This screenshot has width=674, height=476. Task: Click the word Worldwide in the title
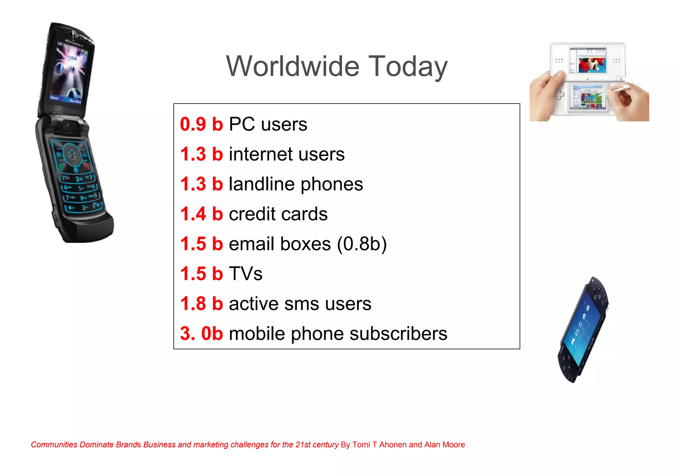(x=293, y=66)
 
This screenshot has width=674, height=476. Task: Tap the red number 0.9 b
(x=201, y=124)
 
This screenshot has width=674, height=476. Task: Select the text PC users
(x=268, y=124)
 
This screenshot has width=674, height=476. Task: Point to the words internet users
(x=287, y=154)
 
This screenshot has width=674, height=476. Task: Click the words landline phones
(x=296, y=184)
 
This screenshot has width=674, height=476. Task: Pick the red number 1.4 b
(x=201, y=214)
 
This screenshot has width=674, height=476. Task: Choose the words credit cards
(x=278, y=214)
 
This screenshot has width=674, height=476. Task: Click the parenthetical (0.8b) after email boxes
(x=362, y=244)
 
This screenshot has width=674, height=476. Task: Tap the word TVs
(x=246, y=274)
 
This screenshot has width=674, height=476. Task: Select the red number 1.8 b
(x=201, y=303)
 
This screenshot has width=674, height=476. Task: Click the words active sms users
(x=300, y=303)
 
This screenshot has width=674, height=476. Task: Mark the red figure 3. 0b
(x=201, y=333)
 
